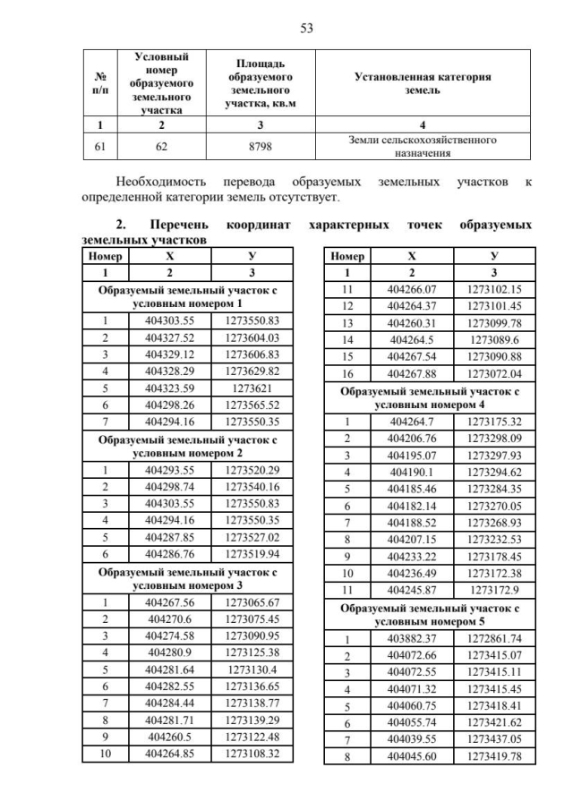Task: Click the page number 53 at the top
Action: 305,28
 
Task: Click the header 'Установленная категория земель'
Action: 423,83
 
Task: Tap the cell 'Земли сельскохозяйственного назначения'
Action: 423,147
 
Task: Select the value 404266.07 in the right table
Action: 412,289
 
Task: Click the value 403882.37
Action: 412,638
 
